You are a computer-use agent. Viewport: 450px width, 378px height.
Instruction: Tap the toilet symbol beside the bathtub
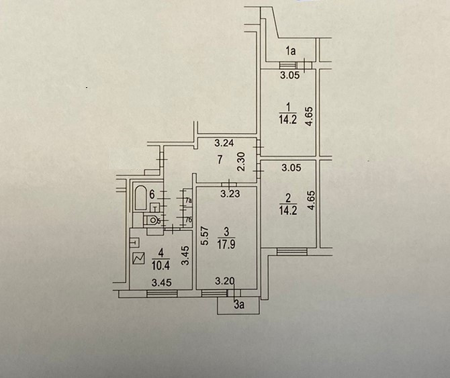(x=154, y=219)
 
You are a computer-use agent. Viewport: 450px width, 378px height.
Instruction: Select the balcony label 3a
(x=238, y=307)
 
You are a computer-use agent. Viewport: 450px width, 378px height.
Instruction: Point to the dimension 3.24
(x=224, y=143)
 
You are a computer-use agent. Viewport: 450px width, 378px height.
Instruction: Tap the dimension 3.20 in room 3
(x=224, y=283)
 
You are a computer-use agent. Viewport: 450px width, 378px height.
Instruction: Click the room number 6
(x=152, y=194)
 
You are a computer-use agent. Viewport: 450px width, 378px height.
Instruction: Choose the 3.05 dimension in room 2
(x=291, y=168)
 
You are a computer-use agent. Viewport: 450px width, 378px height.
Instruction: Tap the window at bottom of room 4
(x=161, y=293)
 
